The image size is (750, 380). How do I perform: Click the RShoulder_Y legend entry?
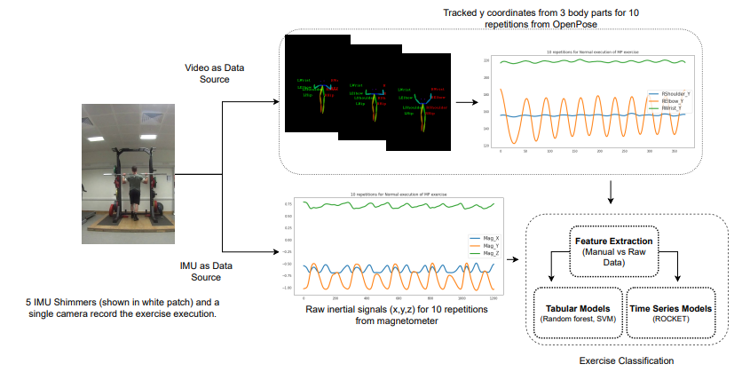[x=668, y=94]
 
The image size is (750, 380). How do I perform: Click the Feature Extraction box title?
[x=613, y=241]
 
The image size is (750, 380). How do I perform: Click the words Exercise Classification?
[x=626, y=361]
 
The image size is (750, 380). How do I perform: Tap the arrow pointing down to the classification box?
[x=612, y=191]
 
